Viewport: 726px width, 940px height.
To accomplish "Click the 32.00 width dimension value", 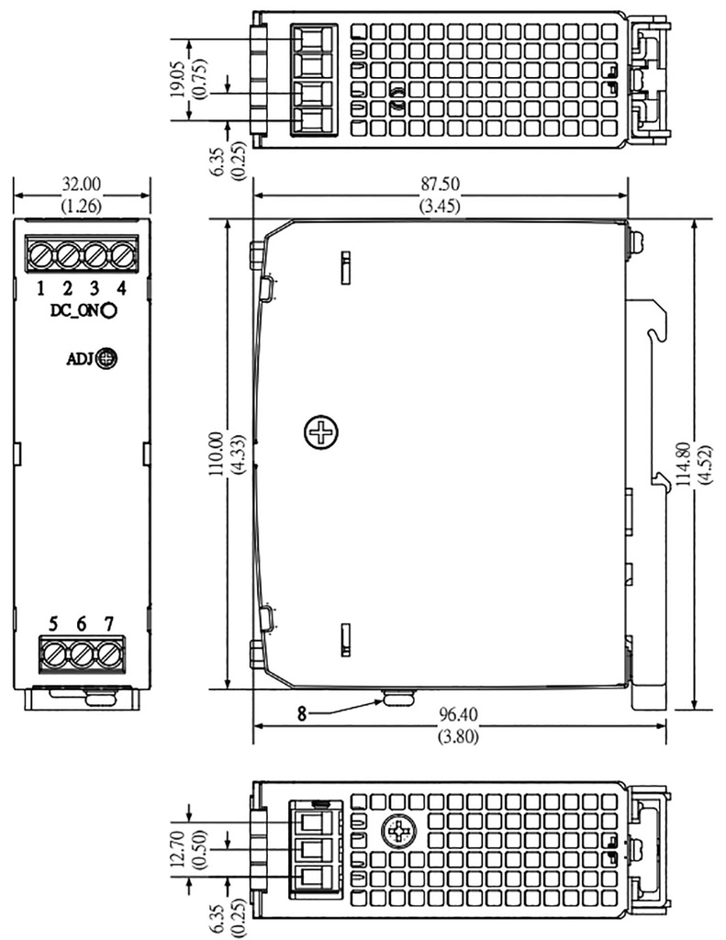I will click(82, 183).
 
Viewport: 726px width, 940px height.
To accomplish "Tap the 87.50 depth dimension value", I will click(441, 184).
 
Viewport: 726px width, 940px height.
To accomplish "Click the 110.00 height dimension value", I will click(217, 453).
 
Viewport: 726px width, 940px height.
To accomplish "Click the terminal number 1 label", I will click(41, 288).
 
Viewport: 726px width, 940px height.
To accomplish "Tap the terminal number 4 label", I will click(122, 288).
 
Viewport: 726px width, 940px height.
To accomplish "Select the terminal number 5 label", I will click(53, 624).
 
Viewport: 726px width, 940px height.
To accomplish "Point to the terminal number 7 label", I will click(109, 624).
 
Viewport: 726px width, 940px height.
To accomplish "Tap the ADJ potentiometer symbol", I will click(107, 359).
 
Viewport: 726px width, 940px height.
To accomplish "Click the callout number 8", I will click(302, 711).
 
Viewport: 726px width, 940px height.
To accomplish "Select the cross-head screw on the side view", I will click(321, 431).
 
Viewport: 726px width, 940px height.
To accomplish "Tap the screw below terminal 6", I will click(82, 655).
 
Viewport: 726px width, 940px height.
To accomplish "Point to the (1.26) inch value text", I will click(82, 206).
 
